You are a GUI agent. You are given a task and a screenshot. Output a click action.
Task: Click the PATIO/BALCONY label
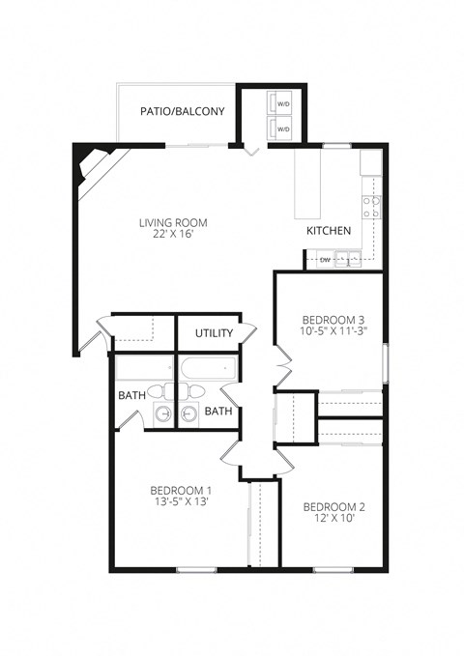[182, 111]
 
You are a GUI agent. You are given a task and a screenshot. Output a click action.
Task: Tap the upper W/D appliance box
[283, 103]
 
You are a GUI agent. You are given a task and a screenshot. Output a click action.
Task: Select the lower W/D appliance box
[283, 128]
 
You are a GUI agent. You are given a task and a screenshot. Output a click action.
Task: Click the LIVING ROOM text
[173, 222]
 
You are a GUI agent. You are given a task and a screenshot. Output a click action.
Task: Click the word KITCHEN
[329, 232]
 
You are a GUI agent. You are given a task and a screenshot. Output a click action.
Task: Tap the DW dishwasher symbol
[325, 259]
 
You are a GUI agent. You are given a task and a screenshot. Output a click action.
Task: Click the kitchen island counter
[306, 185]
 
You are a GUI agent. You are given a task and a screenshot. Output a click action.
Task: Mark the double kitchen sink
[350, 258]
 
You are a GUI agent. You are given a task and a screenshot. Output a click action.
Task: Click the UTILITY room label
[214, 333]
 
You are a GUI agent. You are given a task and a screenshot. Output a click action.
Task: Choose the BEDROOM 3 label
[333, 320]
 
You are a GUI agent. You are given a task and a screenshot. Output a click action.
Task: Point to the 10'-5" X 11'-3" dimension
[333, 332]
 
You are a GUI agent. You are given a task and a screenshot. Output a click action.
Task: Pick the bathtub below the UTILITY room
[205, 369]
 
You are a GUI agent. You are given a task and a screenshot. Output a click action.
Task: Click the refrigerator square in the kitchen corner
[371, 161]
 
